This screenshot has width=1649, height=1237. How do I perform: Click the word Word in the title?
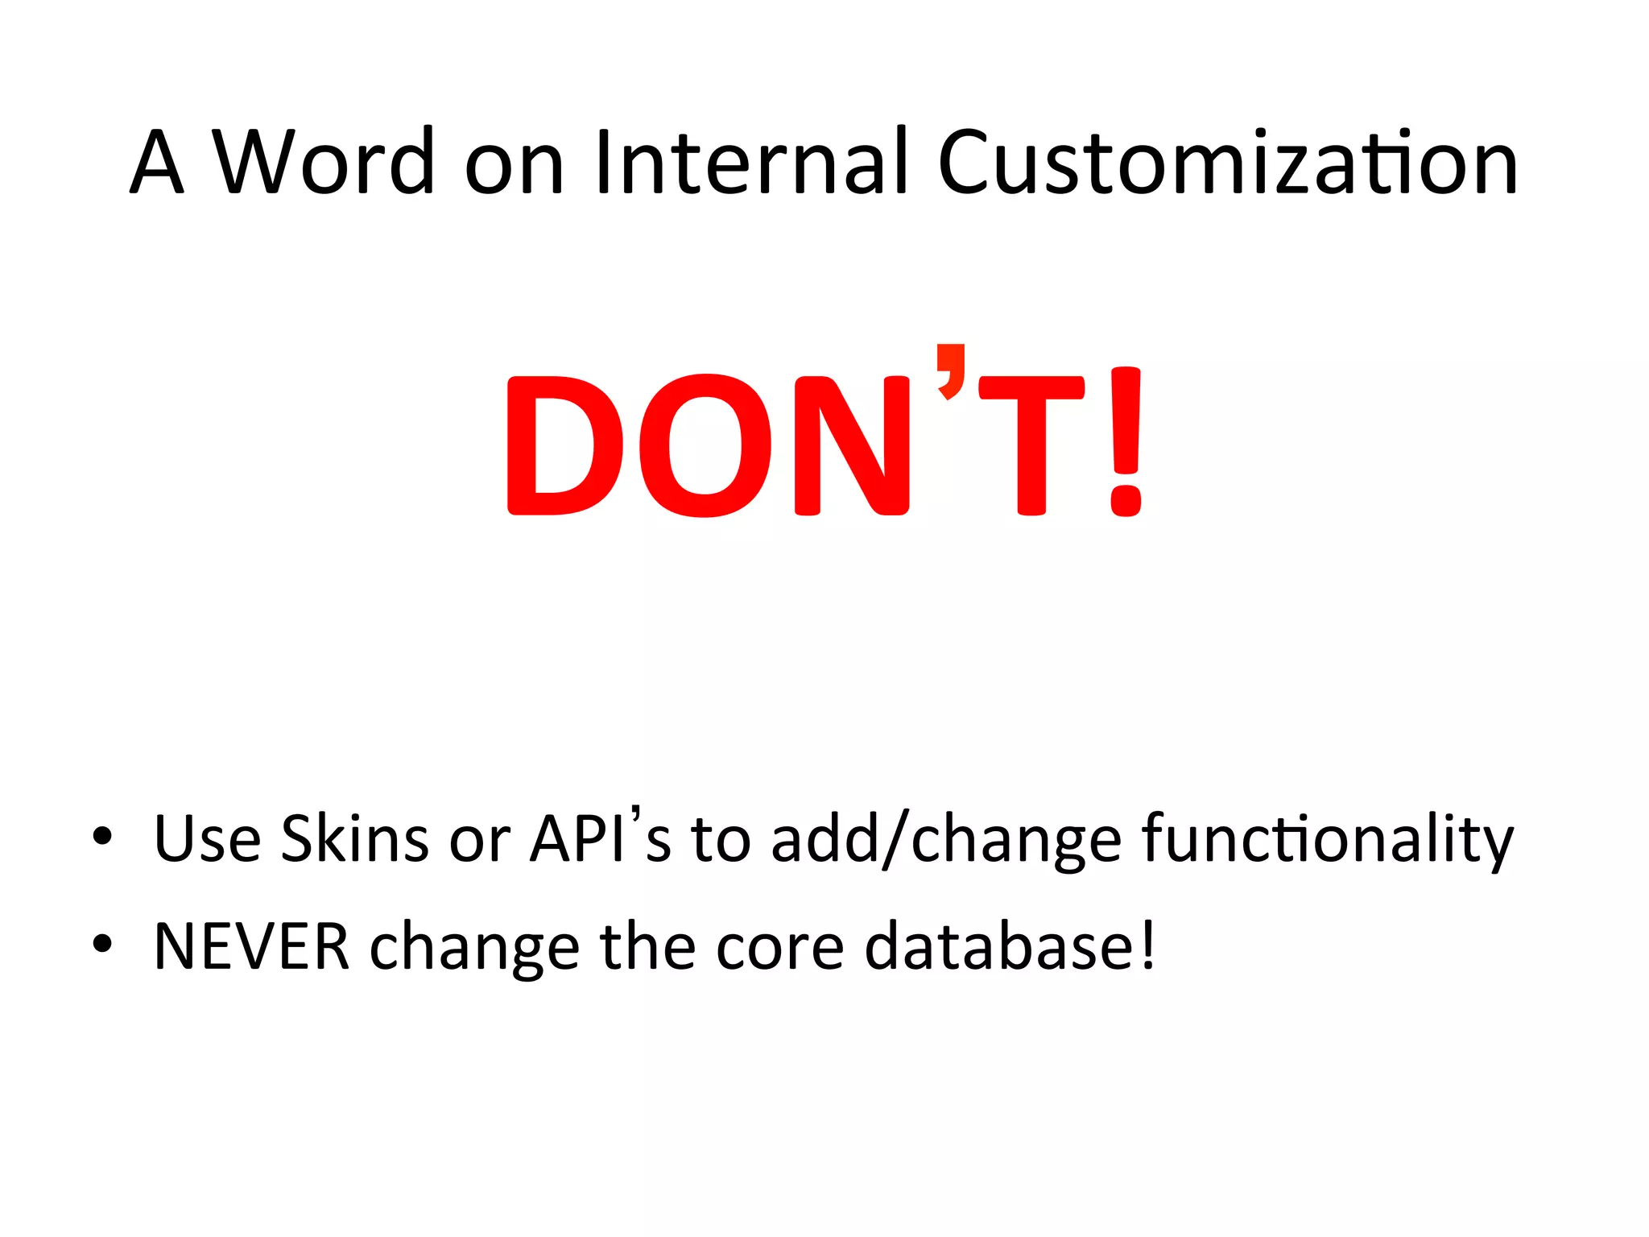tap(322, 163)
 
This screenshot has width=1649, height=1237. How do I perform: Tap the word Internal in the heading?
tap(752, 163)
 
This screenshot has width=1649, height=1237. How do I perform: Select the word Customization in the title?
tap(1227, 163)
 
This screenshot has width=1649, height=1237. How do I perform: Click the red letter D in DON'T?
tap(564, 445)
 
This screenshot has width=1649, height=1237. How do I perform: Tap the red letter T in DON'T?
tap(1031, 445)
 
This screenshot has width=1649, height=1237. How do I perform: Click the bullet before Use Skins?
tap(102, 836)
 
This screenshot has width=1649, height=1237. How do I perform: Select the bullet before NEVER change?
tap(102, 942)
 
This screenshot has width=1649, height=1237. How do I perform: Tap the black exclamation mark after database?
tap(1147, 944)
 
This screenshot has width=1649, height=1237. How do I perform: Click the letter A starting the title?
tap(157, 163)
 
